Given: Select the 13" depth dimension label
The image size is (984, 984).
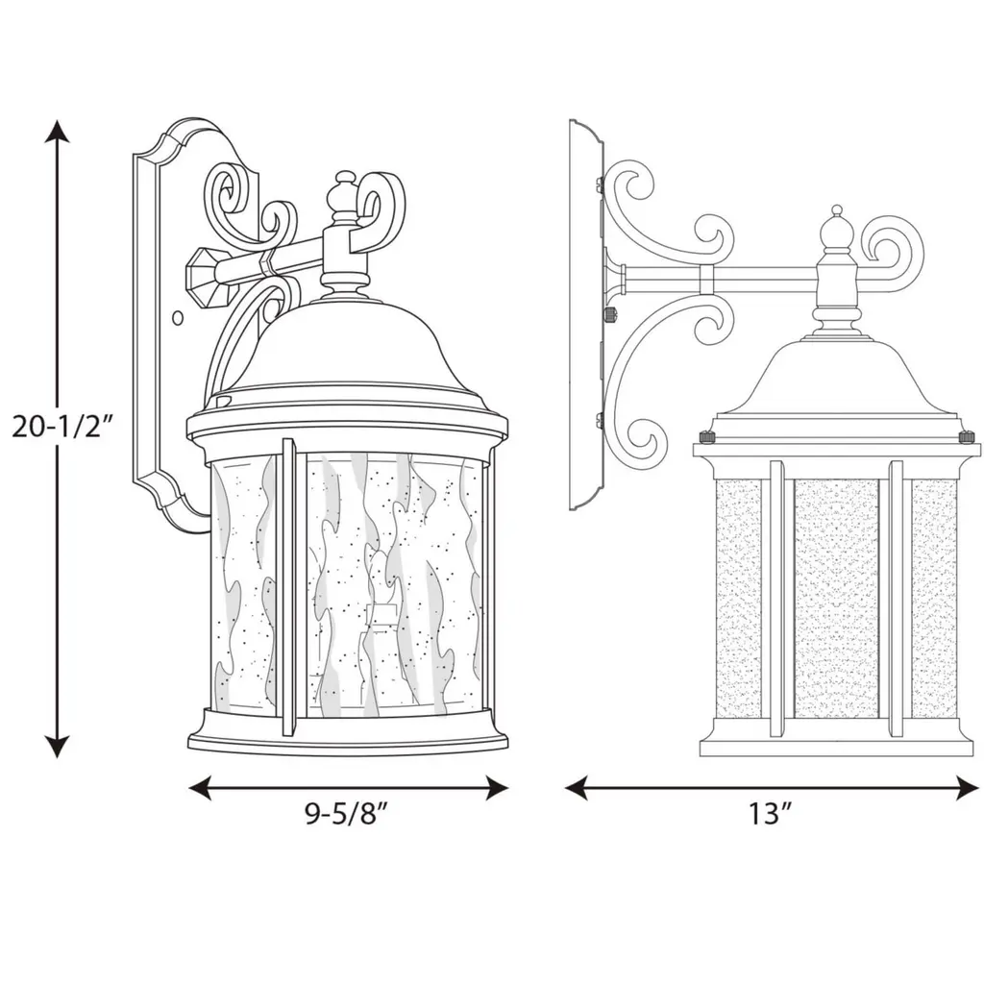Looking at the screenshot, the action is coord(769,814).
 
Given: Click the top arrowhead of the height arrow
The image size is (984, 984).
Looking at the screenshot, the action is coord(59,132).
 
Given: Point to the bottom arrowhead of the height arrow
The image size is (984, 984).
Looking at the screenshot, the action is coord(59,746).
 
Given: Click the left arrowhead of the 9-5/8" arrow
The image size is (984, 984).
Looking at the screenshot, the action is coord(201,788).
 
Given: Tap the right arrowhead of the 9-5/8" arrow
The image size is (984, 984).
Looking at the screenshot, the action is coord(496,788).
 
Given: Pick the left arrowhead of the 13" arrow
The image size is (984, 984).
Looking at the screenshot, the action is coord(577,788).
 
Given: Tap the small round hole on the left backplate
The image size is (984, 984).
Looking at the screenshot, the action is coord(178,318).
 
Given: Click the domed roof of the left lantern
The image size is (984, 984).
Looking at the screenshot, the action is coord(346,357).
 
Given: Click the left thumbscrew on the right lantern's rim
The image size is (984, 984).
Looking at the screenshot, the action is coord(706,435).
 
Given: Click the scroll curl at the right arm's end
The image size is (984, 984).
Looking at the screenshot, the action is coord(892,247).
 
